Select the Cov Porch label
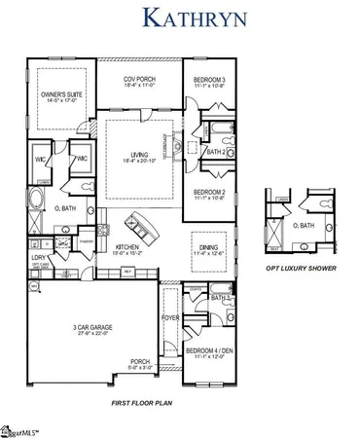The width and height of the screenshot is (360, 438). (141, 83)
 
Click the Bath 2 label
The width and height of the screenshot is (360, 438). (217, 152)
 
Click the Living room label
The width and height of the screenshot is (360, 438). (141, 159)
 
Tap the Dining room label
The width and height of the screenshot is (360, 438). (210, 250)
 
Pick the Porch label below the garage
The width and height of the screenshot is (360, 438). (141, 366)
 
